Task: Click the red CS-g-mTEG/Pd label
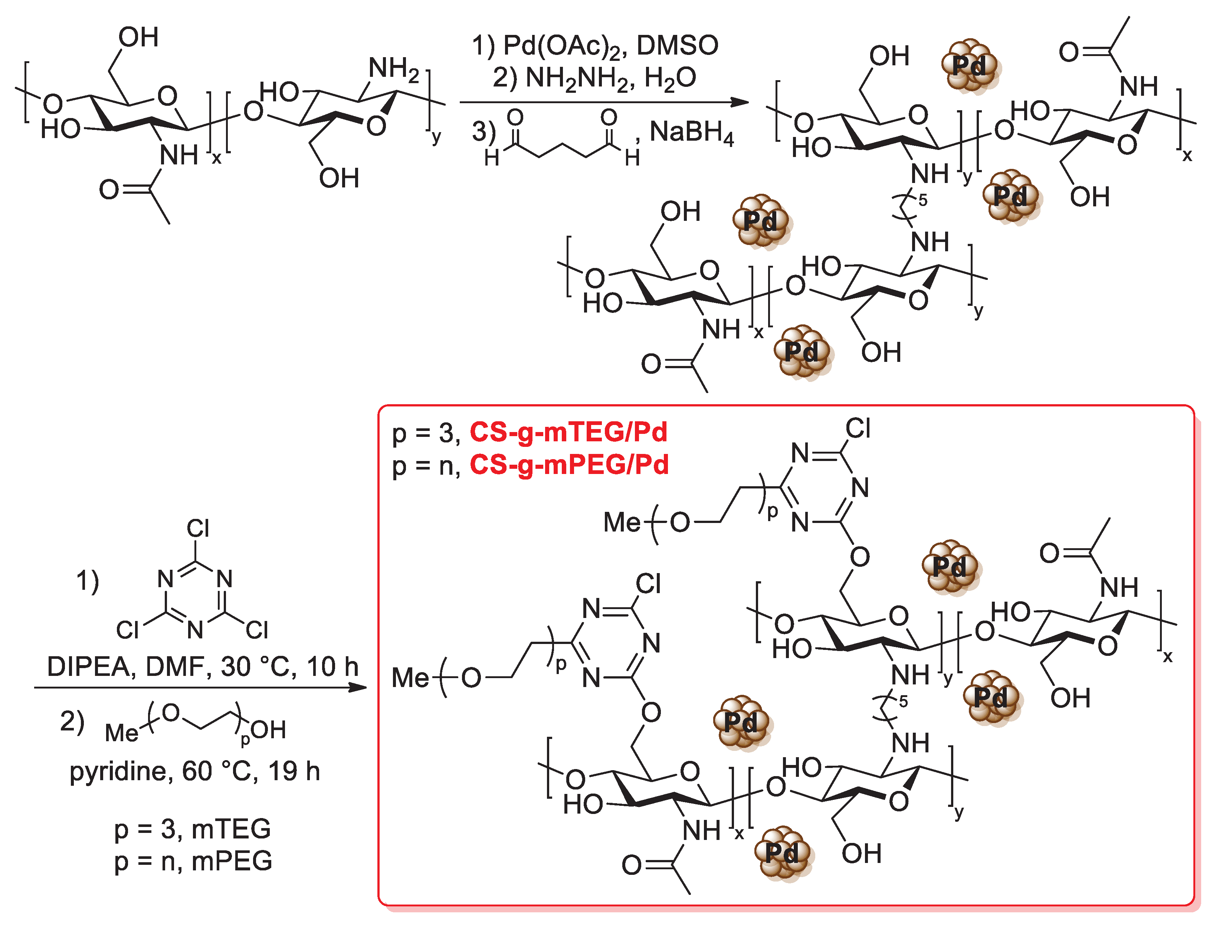pyautogui.click(x=568, y=432)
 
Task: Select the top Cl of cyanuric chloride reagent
pyautogui.click(x=198, y=528)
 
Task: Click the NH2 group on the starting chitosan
pyautogui.click(x=394, y=69)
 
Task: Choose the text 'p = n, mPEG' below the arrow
pyautogui.click(x=193, y=861)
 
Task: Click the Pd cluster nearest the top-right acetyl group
pyautogui.click(x=969, y=65)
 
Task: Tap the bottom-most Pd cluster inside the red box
pyautogui.click(x=782, y=853)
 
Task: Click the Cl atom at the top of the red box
pyautogui.click(x=858, y=429)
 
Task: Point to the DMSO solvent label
pyautogui.click(x=677, y=46)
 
